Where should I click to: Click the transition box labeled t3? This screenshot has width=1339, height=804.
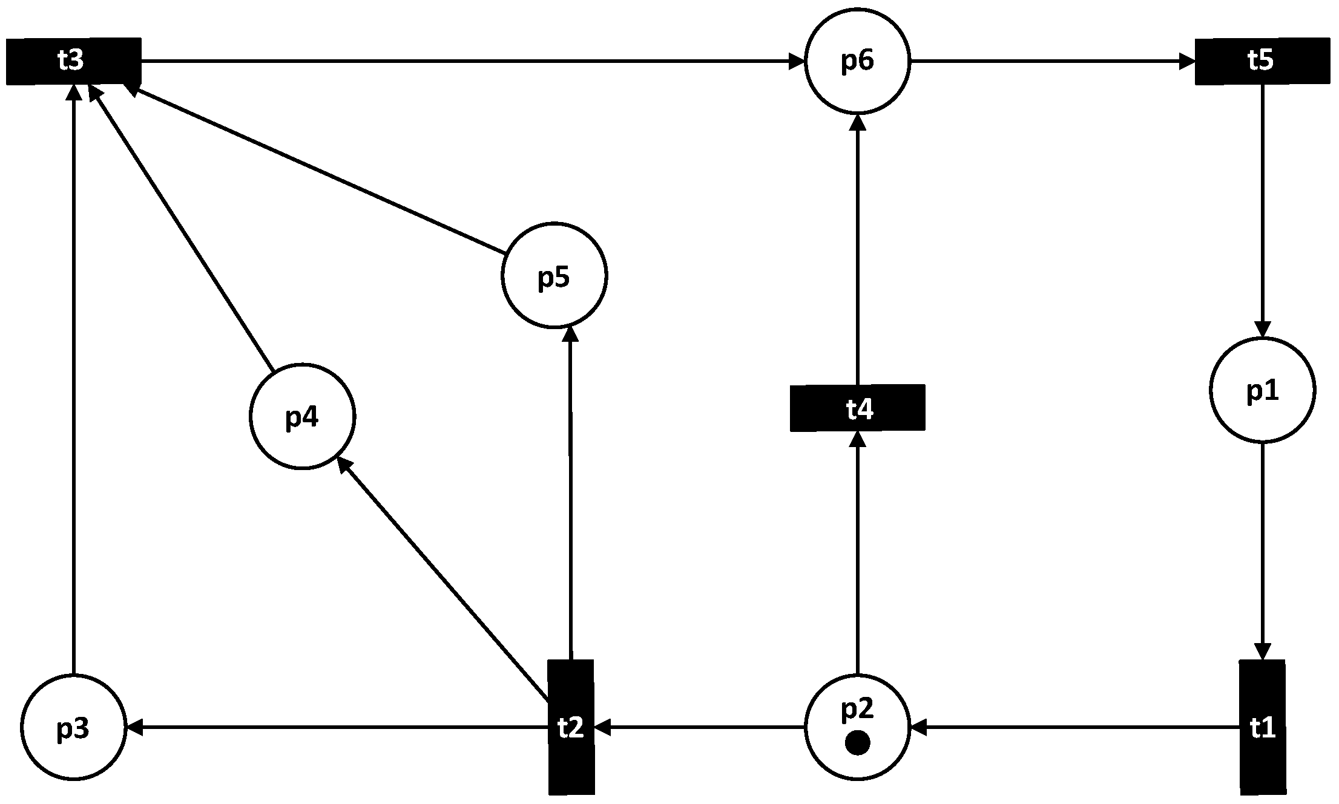(73, 61)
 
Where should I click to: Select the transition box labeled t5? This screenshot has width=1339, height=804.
(1262, 61)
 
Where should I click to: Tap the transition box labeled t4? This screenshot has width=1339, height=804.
(857, 408)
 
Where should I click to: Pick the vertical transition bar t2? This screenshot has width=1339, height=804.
(571, 727)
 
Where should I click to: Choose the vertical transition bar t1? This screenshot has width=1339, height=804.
(1262, 727)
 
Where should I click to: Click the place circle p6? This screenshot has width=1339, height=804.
(857, 61)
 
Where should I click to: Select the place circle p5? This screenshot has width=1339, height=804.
(554, 275)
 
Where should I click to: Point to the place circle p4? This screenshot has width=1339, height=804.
(302, 416)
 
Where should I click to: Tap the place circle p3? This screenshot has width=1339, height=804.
(73, 727)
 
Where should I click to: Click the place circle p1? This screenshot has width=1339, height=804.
(1262, 390)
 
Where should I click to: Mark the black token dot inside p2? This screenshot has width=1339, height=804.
(857, 743)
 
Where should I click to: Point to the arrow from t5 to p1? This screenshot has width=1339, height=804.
(1262, 212)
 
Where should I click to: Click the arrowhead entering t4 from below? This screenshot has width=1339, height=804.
(858, 439)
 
